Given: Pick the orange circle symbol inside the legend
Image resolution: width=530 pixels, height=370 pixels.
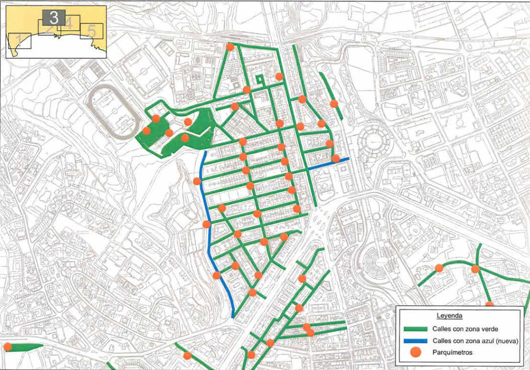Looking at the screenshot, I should (x=416, y=353).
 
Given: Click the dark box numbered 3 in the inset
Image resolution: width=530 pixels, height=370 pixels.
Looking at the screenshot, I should (x=54, y=18).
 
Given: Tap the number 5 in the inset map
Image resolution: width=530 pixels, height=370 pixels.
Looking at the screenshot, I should (x=91, y=31).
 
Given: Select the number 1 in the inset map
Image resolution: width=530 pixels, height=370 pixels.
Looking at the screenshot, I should (x=18, y=40).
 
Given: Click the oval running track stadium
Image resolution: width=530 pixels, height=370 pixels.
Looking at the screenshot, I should (x=111, y=112).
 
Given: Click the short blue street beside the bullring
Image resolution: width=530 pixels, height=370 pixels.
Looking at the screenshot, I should (x=327, y=163).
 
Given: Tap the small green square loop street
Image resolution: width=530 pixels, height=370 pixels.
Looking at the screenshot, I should (x=260, y=79).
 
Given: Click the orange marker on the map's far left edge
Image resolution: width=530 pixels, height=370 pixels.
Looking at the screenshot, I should (x=7, y=347).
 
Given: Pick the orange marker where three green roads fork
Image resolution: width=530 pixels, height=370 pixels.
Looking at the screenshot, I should (x=475, y=269).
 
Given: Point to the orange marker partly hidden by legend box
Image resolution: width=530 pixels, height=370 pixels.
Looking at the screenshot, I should (x=489, y=304).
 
